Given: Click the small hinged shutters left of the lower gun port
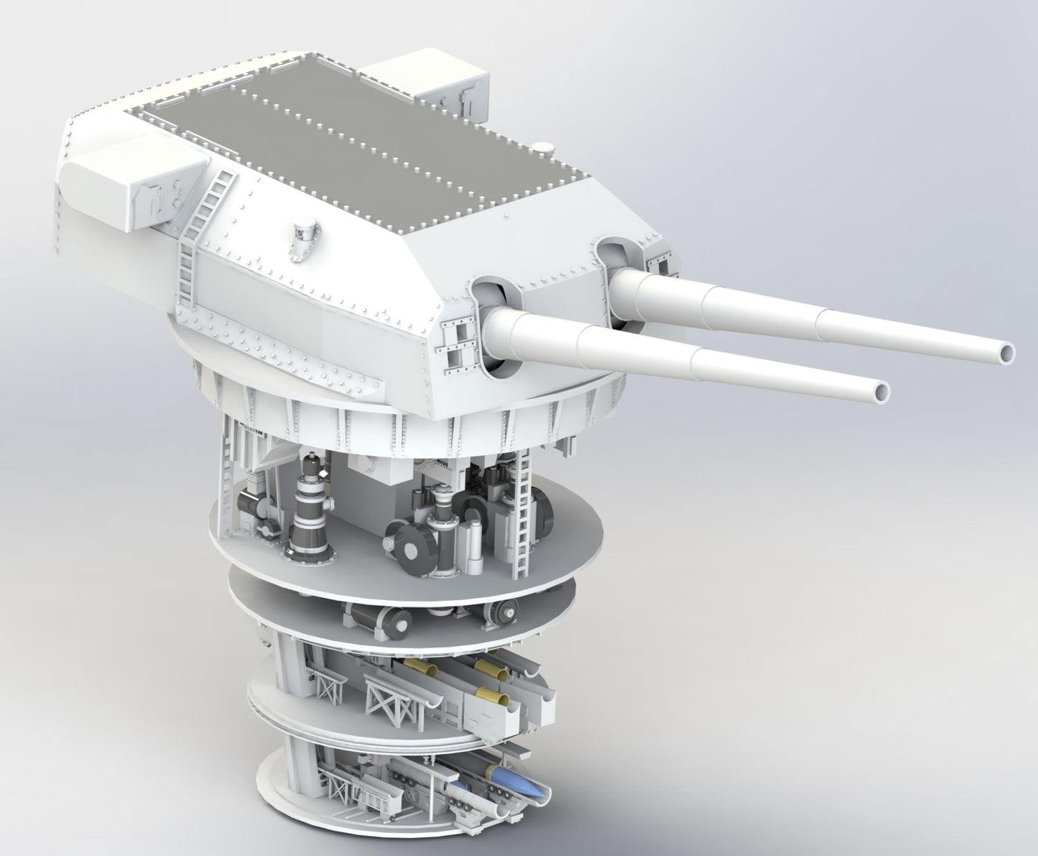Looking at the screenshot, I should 458,344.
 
